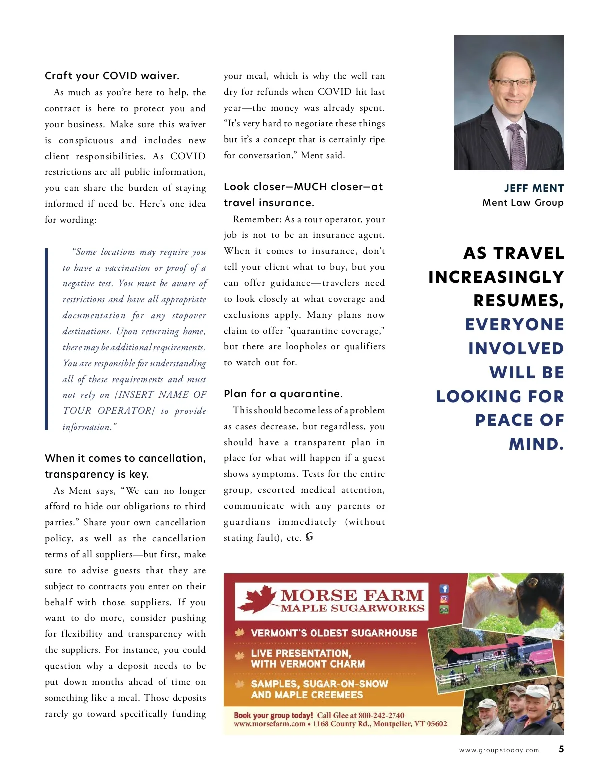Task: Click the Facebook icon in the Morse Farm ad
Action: tap(444, 589)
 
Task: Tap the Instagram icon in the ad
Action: tap(444, 599)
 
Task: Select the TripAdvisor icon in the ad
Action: tap(444, 609)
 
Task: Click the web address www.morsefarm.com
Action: tap(269, 724)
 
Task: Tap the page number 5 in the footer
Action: tap(561, 749)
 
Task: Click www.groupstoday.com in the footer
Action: tap(499, 750)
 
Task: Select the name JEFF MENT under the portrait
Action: tap(534, 188)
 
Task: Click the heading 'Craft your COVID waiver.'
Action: tap(112, 76)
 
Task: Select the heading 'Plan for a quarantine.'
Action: tap(283, 394)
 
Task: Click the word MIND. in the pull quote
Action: tap(536, 444)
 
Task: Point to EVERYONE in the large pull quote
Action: tap(514, 325)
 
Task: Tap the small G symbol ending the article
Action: tap(309, 537)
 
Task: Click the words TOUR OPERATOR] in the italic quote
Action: tap(109, 411)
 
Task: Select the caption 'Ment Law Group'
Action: tap(523, 203)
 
